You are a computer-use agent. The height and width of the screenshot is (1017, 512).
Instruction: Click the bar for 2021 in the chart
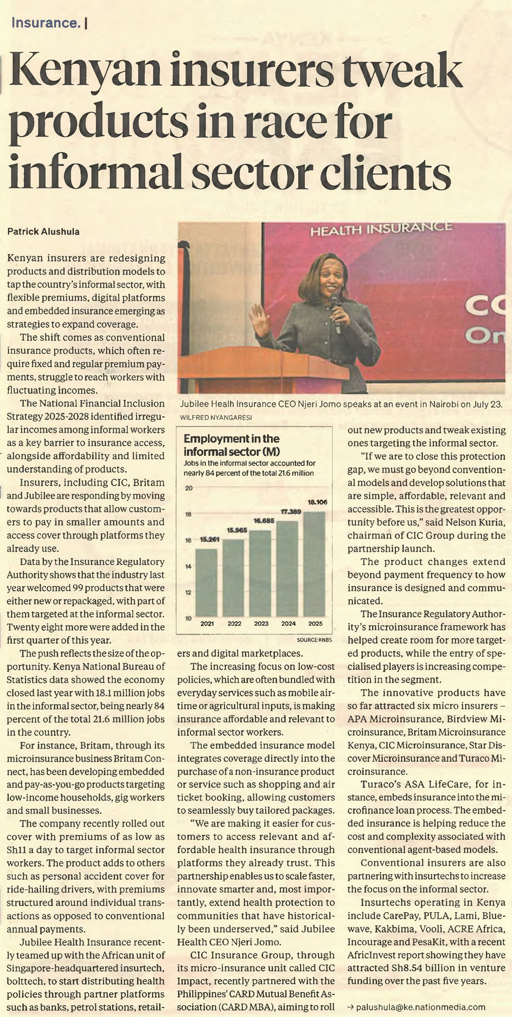206,583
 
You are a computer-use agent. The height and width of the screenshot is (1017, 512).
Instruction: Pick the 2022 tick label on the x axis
234,624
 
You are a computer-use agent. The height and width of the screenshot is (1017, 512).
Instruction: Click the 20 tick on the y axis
189,488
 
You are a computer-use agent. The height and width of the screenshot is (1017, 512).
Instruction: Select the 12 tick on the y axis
189,592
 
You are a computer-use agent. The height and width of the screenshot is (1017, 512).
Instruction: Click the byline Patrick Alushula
43,232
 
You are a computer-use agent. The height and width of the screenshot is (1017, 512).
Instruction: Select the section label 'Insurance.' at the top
46,23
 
